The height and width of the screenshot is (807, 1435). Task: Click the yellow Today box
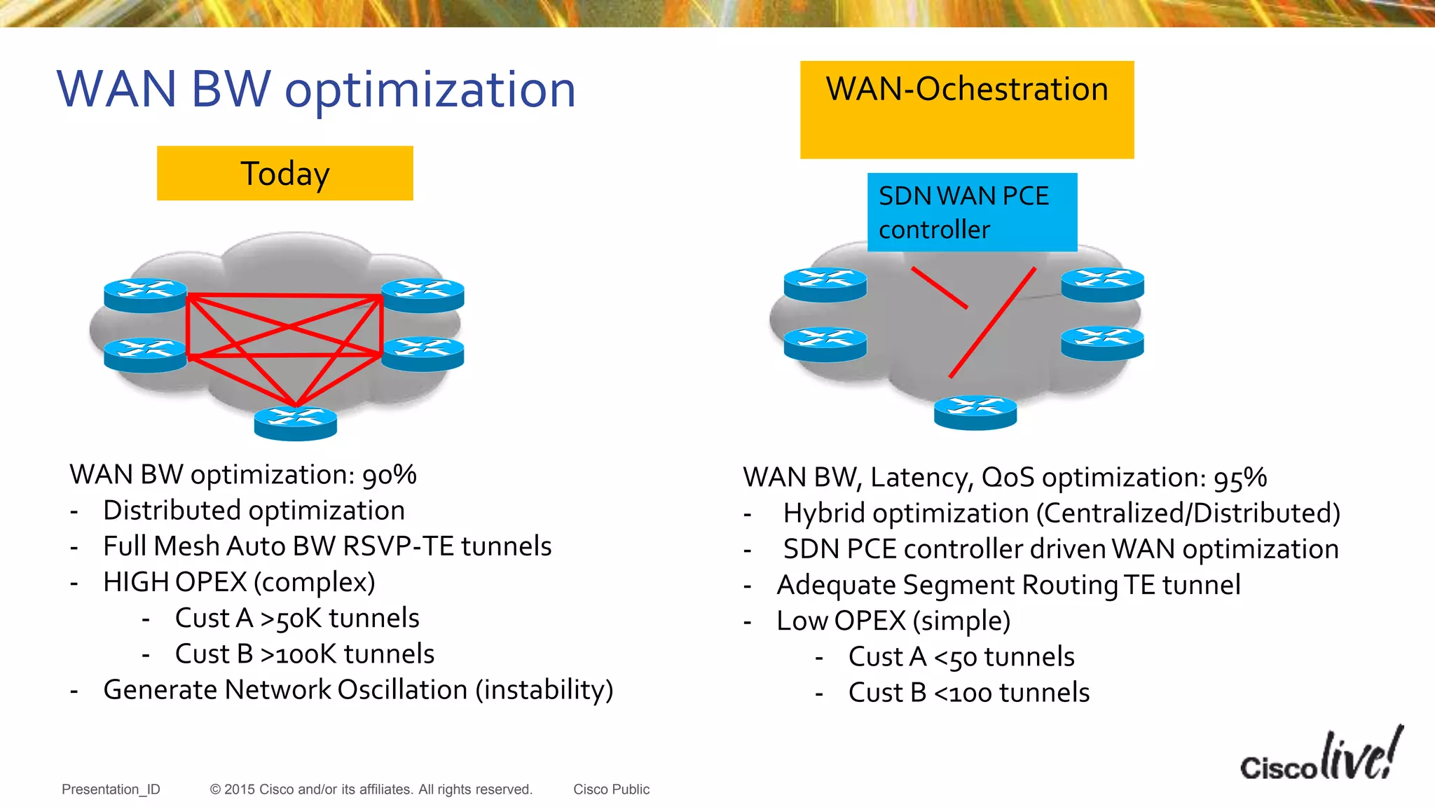point(284,173)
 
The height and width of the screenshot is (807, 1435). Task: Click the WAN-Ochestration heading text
point(966,90)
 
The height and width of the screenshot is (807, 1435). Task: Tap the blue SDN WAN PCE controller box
point(971,212)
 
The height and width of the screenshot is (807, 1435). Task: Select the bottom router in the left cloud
point(295,423)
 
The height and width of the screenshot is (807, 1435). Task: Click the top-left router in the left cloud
point(145,295)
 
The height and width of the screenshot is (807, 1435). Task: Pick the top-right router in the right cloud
point(1102,284)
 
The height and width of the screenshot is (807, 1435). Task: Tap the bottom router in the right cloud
point(975,412)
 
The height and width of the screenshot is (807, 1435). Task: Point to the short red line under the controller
point(939,287)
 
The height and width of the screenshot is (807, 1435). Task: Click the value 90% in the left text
point(389,475)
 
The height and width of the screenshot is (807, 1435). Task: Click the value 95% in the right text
point(1240,478)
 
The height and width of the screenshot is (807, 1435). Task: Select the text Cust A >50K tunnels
point(297,618)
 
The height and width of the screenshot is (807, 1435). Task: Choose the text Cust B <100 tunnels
point(968,692)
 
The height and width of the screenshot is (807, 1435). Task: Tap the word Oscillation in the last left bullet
point(402,689)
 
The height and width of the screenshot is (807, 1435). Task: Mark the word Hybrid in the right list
point(823,513)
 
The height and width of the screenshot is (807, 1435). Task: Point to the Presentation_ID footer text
point(111,789)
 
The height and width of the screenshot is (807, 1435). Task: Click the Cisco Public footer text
point(611,789)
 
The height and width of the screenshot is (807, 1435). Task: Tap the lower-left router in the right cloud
point(825,345)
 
